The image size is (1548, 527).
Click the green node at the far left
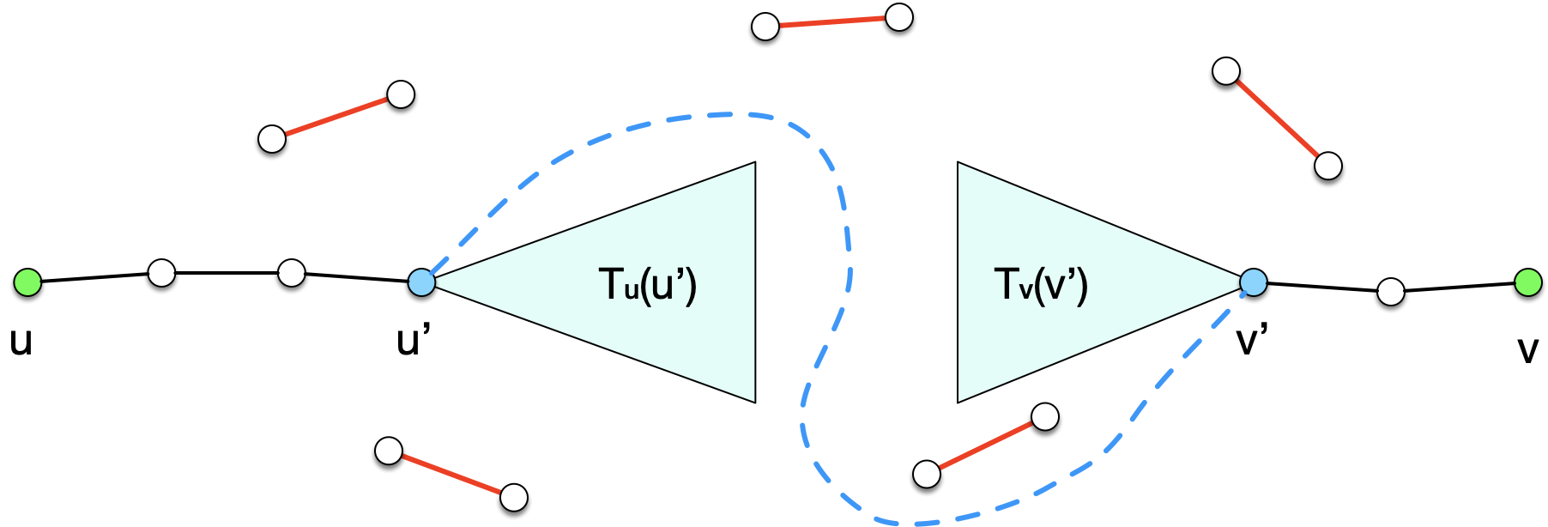[27, 282]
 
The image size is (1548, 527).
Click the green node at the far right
[1528, 282]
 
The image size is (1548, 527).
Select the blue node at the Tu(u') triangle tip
[421, 282]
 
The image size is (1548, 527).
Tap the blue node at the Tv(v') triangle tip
[1253, 282]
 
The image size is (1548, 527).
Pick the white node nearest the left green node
[161, 274]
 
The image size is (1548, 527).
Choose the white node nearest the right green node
[1391, 292]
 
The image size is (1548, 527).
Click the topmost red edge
[832, 21]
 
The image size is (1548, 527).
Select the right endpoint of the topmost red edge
[898, 17]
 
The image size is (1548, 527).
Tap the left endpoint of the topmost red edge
[765, 27]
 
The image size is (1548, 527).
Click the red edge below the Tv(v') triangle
[986, 445]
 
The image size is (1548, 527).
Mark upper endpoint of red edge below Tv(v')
[1044, 417]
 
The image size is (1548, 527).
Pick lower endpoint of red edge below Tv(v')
[927, 474]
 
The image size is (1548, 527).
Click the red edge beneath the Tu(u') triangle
[451, 474]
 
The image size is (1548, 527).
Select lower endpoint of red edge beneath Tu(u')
[513, 497]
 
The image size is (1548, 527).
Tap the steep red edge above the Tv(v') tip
[1277, 118]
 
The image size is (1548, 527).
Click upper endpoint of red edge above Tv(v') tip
[1226, 71]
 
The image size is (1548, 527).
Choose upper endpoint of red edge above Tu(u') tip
[401, 94]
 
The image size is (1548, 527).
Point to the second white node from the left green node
[292, 274]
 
